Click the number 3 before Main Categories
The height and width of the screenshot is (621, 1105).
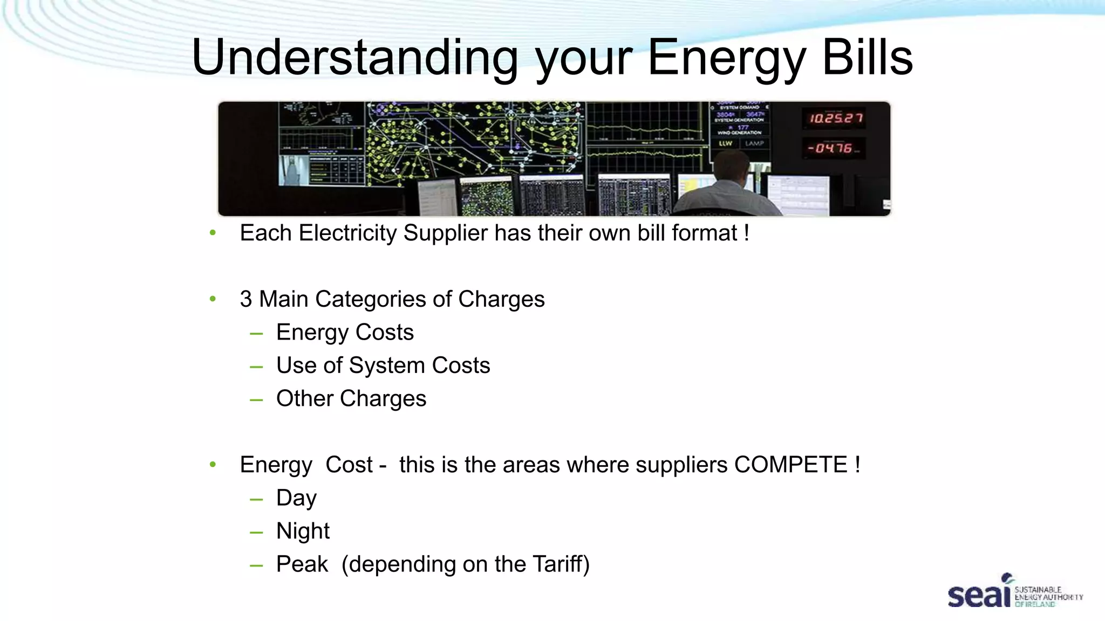[246, 299]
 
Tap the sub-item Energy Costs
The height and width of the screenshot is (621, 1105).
[345, 333]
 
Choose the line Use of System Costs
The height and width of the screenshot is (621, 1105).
[383, 365]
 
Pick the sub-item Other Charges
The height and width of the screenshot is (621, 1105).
[351, 399]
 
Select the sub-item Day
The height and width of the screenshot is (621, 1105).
[296, 498]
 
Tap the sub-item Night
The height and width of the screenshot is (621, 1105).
[303, 532]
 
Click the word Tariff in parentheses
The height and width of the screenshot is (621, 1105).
[558, 564]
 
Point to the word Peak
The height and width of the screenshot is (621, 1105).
[302, 564]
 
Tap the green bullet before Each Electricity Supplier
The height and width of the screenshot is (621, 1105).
[213, 233]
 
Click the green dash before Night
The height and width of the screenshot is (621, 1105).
[256, 533]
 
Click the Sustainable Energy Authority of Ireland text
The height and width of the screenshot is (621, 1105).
[1048, 597]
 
